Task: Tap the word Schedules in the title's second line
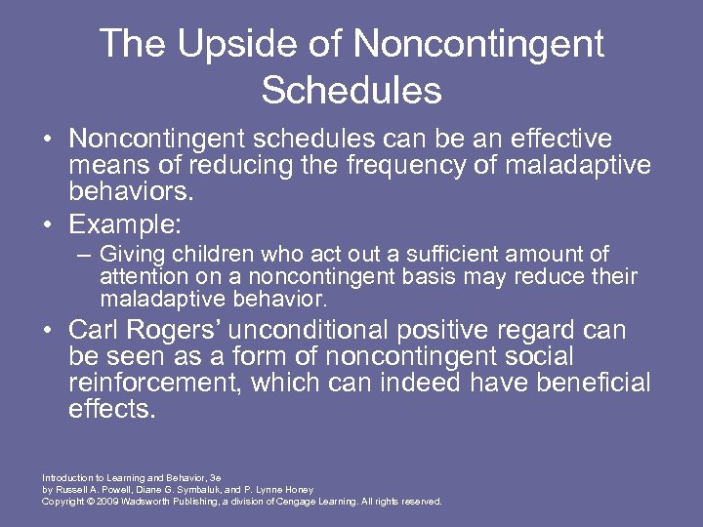[x=351, y=91]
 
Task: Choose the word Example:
[x=125, y=224]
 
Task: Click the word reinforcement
[x=155, y=384]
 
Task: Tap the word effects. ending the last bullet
[x=112, y=409]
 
